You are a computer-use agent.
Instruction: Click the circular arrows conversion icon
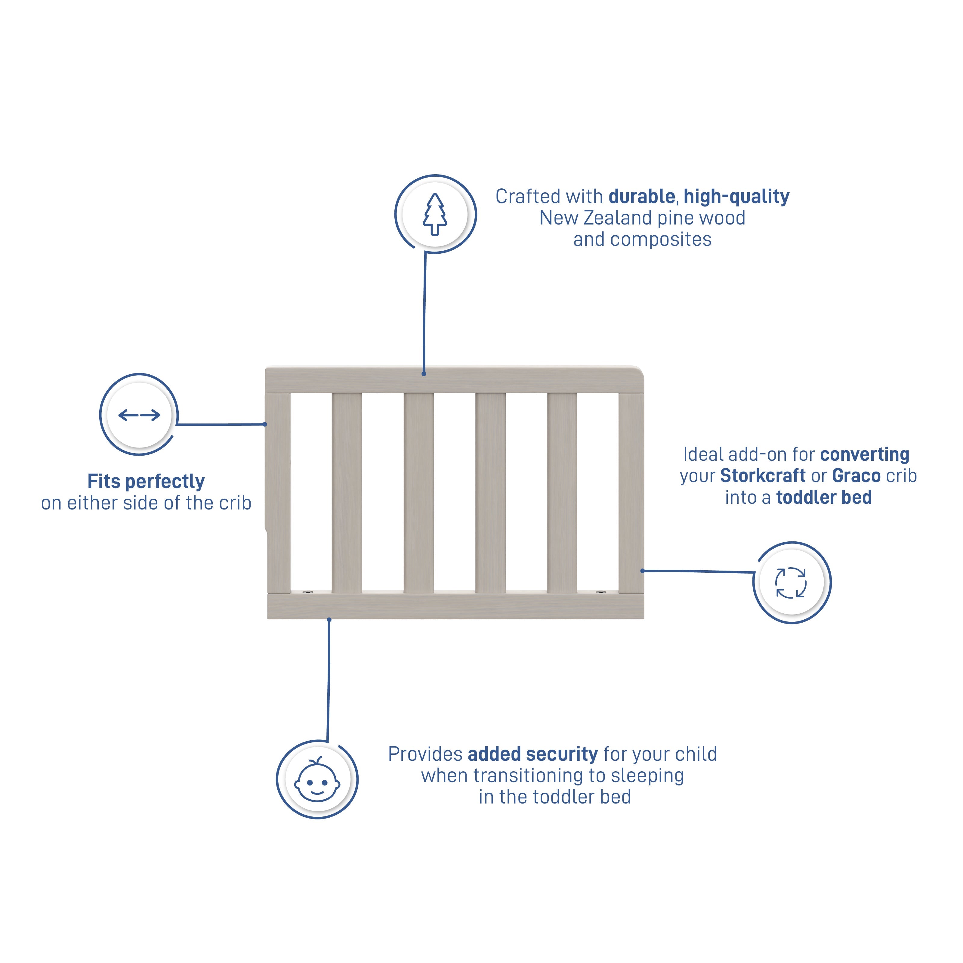pos(791,583)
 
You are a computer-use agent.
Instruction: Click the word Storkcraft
pos(763,476)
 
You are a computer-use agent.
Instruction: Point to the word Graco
pos(856,476)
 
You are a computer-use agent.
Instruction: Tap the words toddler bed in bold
pos(824,497)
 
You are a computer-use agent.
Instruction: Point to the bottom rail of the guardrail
pos(455,605)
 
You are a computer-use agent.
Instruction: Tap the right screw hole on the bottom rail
pos(600,593)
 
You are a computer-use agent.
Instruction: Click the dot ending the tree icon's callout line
pos(424,373)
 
